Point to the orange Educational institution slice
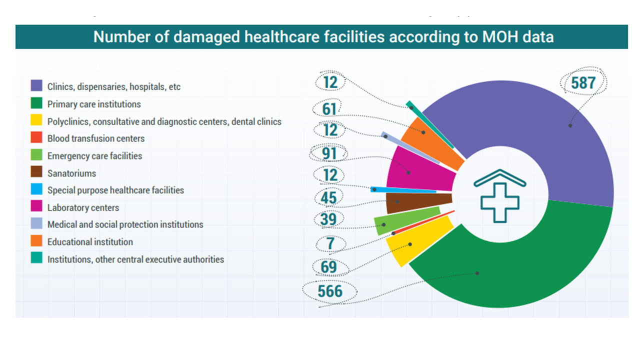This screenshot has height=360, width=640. (x=431, y=143)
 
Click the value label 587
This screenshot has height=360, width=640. (x=583, y=83)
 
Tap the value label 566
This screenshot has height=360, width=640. (x=330, y=291)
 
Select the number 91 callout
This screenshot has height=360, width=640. (x=329, y=153)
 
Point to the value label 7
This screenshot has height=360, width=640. (x=330, y=243)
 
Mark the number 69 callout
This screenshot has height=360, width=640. (x=329, y=267)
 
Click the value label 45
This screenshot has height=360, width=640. (x=328, y=197)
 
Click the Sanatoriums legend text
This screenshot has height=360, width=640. (x=71, y=173)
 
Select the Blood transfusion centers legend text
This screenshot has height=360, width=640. (x=96, y=138)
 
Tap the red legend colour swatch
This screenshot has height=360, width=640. (x=36, y=137)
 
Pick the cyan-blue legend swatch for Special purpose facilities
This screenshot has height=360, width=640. (x=36, y=189)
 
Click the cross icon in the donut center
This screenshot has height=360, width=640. (x=499, y=202)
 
